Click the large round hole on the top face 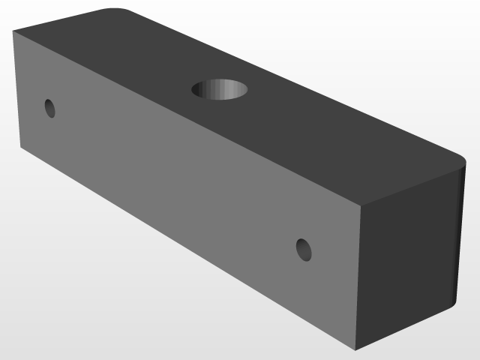coord(220,89)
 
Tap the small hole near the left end coord(50,108)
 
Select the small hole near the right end coord(304,249)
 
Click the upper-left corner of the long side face coord(14,32)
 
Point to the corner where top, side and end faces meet coord(361,204)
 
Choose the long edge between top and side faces coord(187,118)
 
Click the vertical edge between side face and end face coord(359,277)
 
